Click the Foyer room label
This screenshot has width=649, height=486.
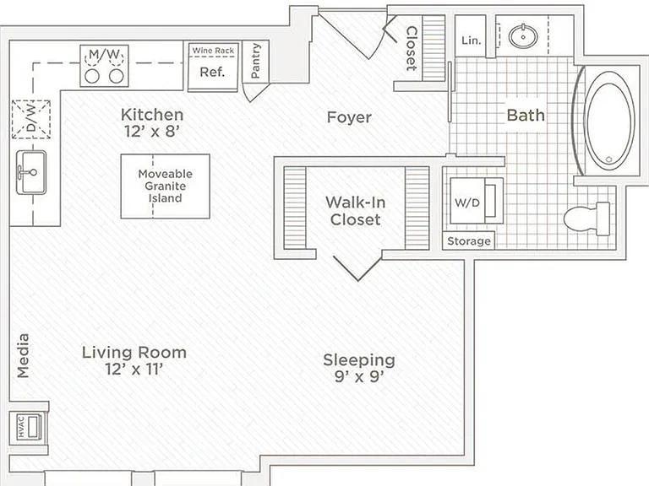coord(349,117)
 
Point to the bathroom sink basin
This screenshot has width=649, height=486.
coord(523,37)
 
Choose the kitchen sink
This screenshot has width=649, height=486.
coord(31,172)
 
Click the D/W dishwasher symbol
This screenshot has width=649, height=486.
coord(31,120)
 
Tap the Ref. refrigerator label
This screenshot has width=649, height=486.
coord(212,72)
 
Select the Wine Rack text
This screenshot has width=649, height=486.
coord(213,51)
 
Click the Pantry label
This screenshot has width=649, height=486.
coord(255,61)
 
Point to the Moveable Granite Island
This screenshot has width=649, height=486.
coord(165,186)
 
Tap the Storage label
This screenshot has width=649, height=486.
coord(468,241)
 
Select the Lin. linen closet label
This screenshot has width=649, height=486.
coord(472,40)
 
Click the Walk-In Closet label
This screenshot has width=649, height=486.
coord(355,211)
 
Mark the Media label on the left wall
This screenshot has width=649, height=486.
coord(23,356)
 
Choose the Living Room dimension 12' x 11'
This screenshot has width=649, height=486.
coord(134,369)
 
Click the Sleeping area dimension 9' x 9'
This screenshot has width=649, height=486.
coord(359,376)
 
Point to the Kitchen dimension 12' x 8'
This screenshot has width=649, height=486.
coord(152,132)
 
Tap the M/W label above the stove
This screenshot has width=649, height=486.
coord(104,54)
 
